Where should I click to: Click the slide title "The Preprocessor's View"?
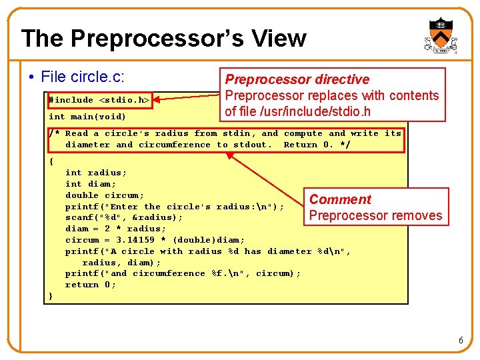163,38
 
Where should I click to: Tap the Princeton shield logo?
440,35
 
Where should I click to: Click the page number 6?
461,341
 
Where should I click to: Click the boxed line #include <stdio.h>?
99,100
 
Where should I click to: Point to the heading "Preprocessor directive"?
297,79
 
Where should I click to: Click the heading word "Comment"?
340,199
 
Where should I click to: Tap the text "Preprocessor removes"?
375,215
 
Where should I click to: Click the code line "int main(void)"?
87,117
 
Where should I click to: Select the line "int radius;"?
96,173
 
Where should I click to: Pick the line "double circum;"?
104,195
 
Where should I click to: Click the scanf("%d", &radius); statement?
124,217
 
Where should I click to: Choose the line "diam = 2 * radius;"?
115,229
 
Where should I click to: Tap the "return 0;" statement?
91,285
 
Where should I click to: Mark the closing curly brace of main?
51,296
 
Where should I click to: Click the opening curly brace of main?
51,161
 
